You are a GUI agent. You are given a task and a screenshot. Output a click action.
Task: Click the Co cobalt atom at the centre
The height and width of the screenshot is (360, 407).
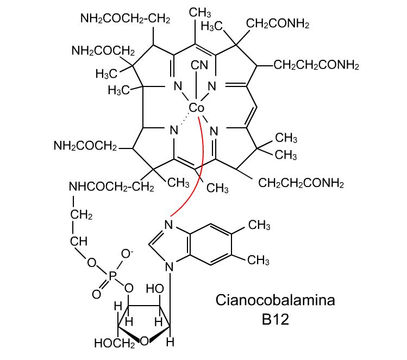pyautogui.click(x=197, y=108)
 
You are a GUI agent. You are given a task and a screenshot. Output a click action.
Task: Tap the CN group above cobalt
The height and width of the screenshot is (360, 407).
pyautogui.click(x=199, y=65)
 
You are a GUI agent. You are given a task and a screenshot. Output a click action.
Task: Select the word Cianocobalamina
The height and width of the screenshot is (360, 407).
pyautogui.click(x=275, y=300)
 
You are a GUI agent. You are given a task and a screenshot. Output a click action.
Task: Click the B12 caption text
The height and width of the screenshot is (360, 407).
pyautogui.click(x=275, y=319)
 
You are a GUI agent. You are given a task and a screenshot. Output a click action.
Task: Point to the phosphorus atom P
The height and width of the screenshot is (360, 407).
pyautogui.click(x=112, y=276)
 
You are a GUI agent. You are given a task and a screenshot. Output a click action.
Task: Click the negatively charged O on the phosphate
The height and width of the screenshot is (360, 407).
pyautogui.click(x=127, y=254)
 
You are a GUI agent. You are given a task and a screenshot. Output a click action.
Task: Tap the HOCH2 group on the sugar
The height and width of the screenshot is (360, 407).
pyautogui.click(x=115, y=343)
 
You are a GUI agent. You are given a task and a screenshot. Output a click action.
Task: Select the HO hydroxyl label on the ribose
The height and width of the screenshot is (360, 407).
pyautogui.click(x=155, y=289)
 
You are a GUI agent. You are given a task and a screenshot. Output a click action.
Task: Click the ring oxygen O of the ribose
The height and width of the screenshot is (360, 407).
pyautogui.click(x=145, y=341)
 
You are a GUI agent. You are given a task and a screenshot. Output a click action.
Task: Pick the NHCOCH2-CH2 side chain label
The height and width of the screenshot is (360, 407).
pyautogui.click(x=111, y=187)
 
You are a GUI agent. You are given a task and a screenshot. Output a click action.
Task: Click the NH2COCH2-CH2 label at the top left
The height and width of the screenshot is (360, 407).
pyautogui.click(x=126, y=18)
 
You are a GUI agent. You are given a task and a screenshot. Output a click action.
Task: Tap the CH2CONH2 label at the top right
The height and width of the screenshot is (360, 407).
pyautogui.click(x=278, y=23)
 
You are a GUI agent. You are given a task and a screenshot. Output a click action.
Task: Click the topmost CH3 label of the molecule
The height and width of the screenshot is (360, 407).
pyautogui.click(x=200, y=12)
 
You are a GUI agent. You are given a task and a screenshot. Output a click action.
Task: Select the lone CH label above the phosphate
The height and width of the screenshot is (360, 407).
pyautogui.click(x=79, y=241)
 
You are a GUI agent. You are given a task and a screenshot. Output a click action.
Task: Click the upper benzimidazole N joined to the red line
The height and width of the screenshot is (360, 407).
pyautogui.click(x=168, y=225)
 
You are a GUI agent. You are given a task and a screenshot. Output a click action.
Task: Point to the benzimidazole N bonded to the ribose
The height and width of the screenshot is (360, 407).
pyautogui.click(x=170, y=267)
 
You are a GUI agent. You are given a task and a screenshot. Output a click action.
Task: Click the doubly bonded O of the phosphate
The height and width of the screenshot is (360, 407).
pyautogui.click(x=97, y=294)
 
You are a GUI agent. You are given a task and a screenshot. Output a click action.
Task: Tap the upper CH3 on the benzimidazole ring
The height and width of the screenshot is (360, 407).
pyautogui.click(x=259, y=225)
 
